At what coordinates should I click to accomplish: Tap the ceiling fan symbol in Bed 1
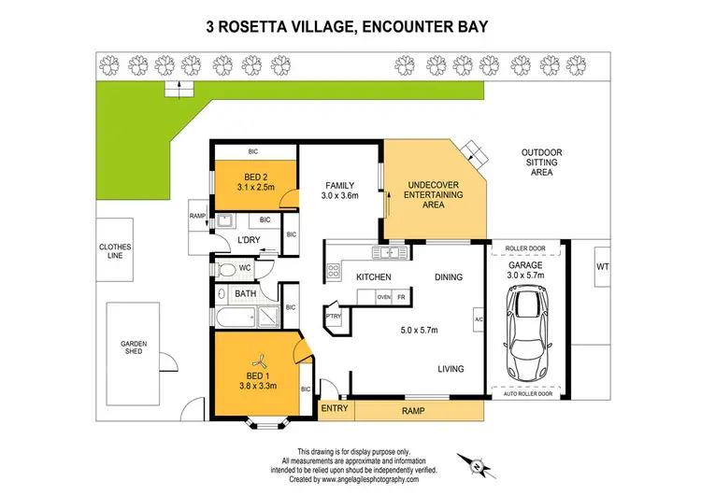262,359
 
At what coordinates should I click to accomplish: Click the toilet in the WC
224,269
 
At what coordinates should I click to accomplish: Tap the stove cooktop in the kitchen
334,272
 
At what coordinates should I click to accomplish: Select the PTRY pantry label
333,316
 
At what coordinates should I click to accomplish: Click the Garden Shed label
134,348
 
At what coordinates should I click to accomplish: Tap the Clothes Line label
117,251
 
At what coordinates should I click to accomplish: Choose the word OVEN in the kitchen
383,297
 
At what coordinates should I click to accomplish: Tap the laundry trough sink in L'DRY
224,221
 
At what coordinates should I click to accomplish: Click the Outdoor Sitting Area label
541,162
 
